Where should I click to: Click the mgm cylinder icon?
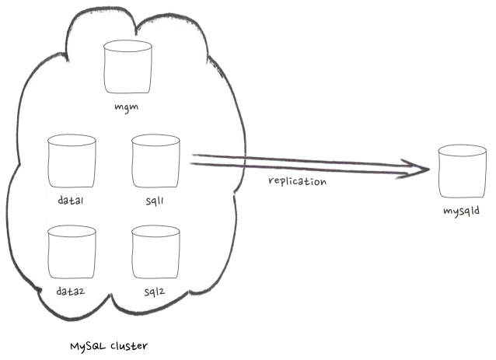click(x=128, y=68)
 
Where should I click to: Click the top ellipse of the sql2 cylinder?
click(x=155, y=231)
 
